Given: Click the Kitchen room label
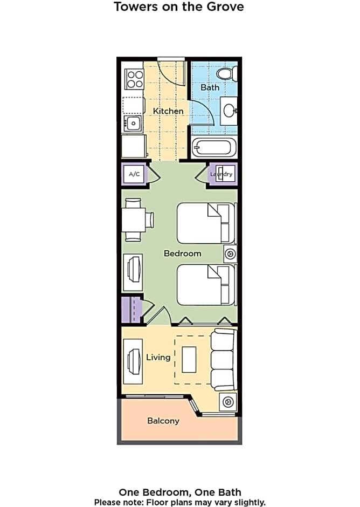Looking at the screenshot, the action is pos(168,111).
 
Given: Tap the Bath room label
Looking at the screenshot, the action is pos(210,87).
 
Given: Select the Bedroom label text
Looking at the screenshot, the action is pos(182,253).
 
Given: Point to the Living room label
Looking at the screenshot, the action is pos(158,357).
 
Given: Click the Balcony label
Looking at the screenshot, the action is pos(163,421).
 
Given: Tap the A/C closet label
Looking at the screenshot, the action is pos(134,174).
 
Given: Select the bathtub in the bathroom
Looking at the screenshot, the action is pos(213,147).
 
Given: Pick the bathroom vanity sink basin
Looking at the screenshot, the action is pos(230,111).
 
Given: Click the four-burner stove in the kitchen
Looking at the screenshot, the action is pos(135,79).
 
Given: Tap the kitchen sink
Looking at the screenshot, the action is pos(133,123).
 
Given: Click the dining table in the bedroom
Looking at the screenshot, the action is pos(133,220).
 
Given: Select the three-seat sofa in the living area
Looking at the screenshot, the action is pos(223,360).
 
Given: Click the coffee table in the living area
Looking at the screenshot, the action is pos(189,360).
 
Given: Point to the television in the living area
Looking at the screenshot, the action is pos(134,361).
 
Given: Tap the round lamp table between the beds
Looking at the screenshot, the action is pos(231,254).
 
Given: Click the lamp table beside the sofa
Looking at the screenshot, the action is pos(228,402).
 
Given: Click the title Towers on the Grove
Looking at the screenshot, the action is pos(179,6).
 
